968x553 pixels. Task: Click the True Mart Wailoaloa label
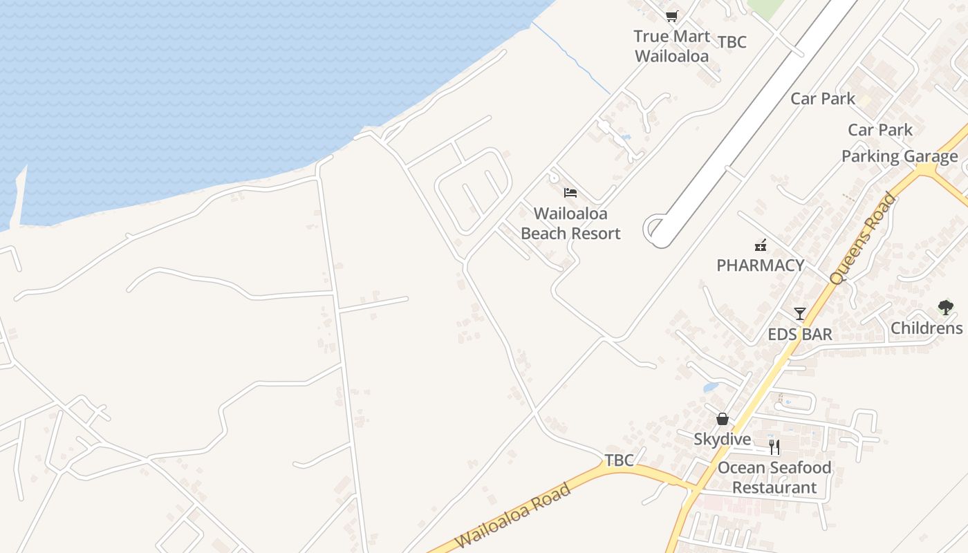pos(671,46)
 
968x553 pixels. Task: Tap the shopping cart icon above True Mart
pos(671,16)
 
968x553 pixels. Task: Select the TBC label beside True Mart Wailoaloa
pos(732,42)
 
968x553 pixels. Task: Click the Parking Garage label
pos(899,156)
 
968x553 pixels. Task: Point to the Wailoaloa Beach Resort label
pos(570,224)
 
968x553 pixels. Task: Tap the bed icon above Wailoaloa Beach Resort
pos(570,192)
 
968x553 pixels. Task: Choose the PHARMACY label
pos(760,265)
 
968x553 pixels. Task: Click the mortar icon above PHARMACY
pos(761,245)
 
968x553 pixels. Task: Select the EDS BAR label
pos(799,335)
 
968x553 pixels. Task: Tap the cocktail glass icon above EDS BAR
pos(800,314)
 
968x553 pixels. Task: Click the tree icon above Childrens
pos(945,308)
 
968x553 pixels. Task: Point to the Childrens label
pos(927,328)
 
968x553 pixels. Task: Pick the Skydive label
pos(722,439)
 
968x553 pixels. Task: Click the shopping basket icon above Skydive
pos(723,419)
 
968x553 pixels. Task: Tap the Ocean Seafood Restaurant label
pos(774,478)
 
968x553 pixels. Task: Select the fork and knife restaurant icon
pos(774,447)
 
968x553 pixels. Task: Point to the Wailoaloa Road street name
pos(514,517)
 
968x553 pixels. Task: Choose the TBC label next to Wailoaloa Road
pos(619,460)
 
